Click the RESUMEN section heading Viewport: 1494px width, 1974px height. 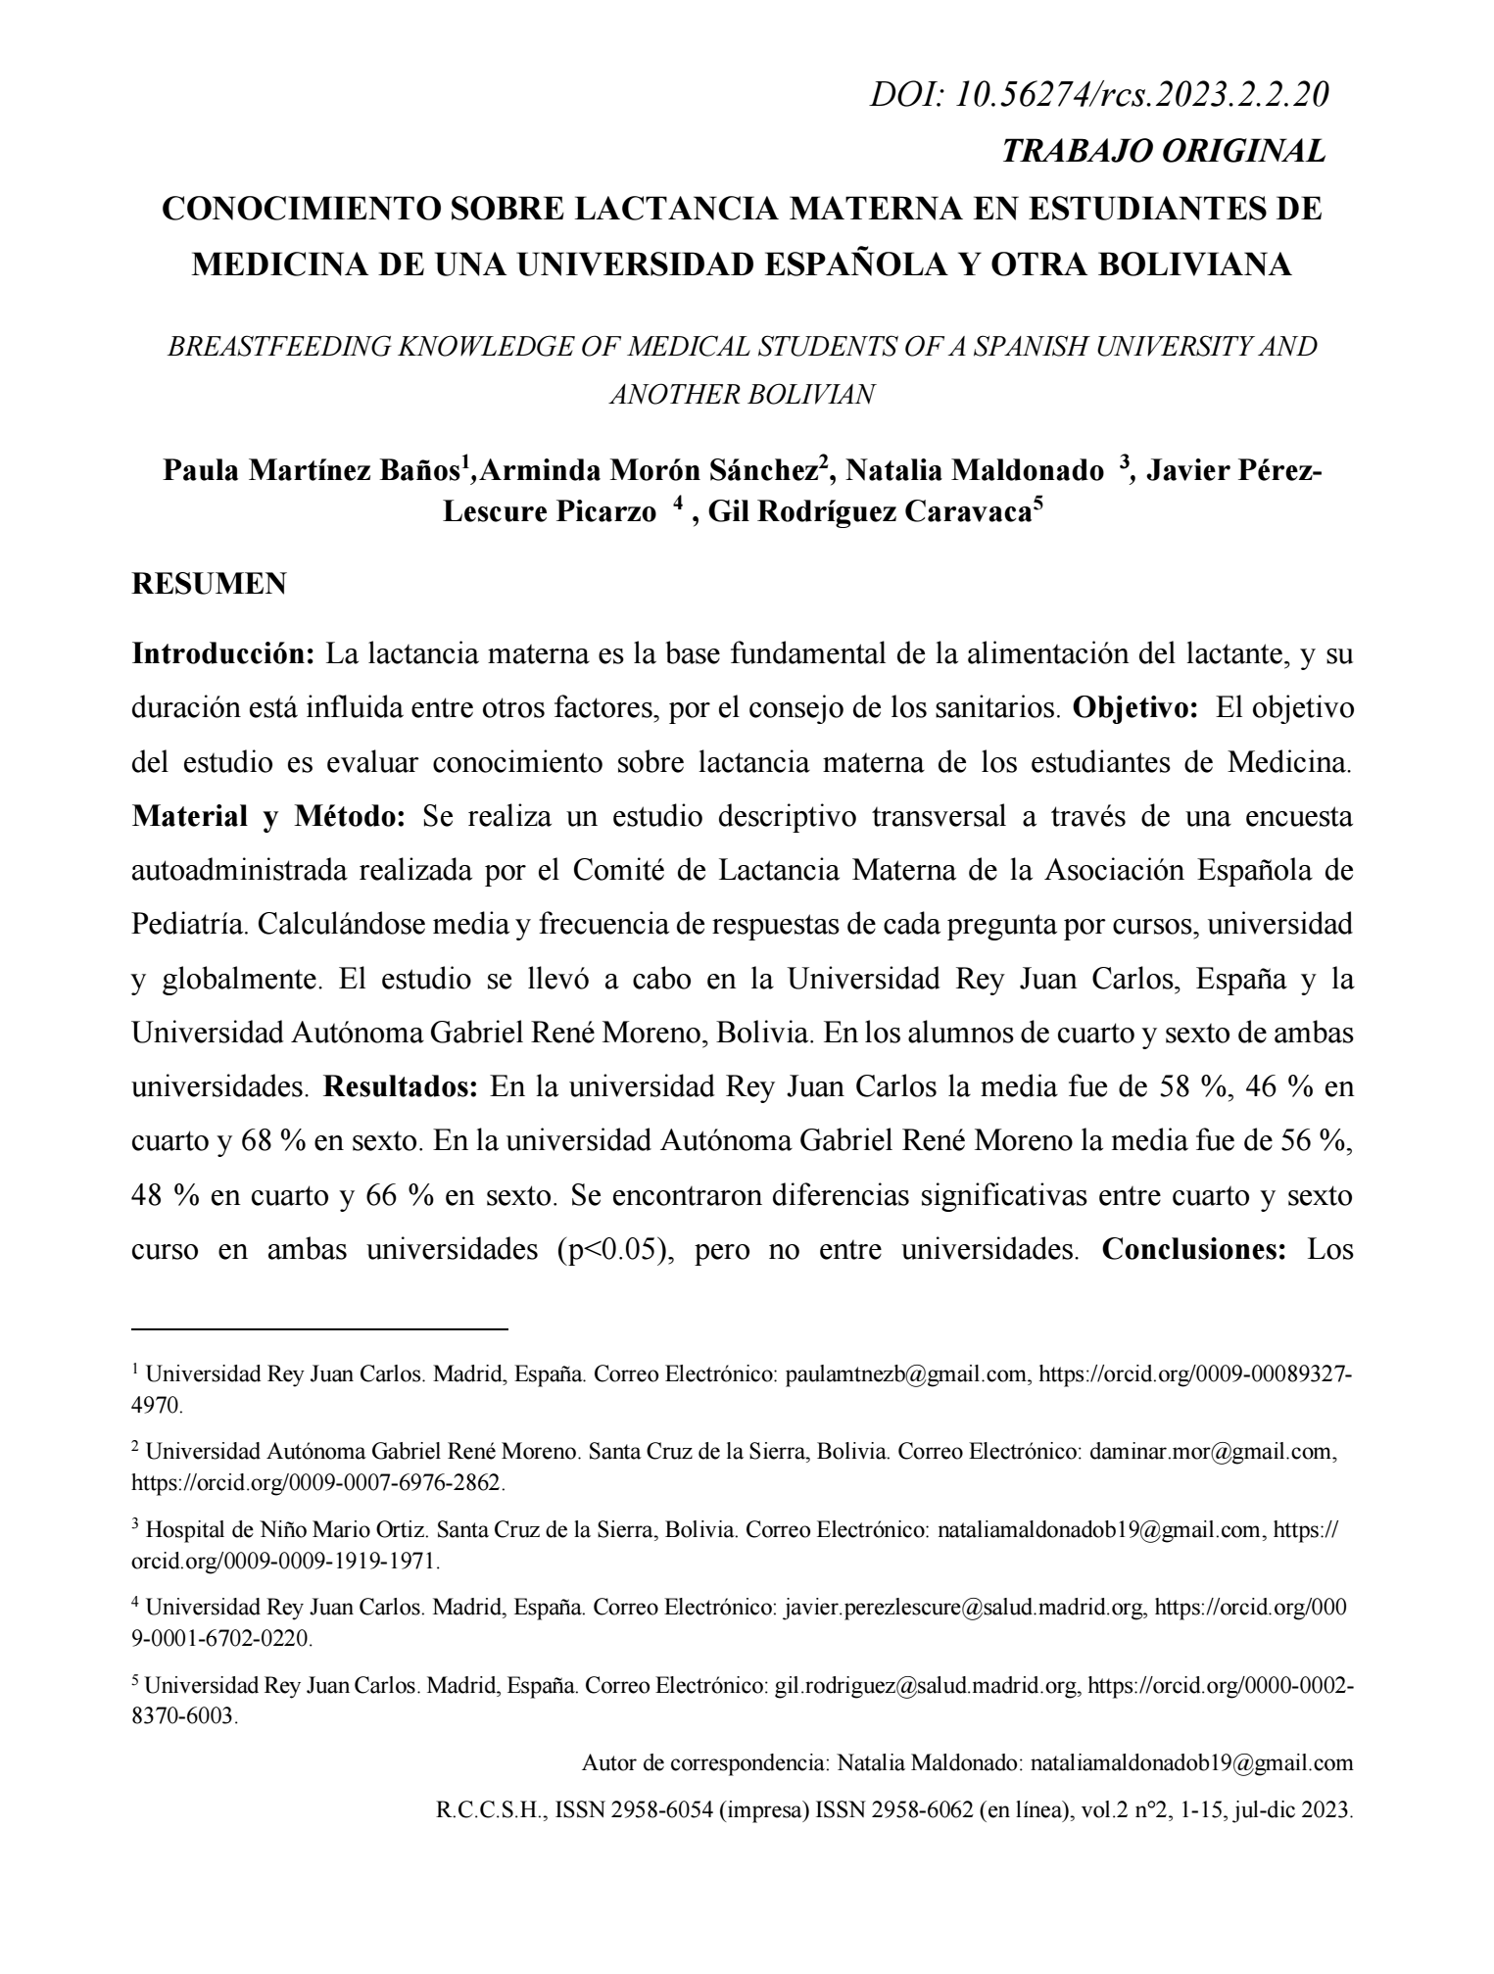click(x=209, y=584)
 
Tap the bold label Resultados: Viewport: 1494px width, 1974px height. click(x=402, y=1088)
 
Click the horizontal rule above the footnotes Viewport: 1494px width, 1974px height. click(x=320, y=1329)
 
